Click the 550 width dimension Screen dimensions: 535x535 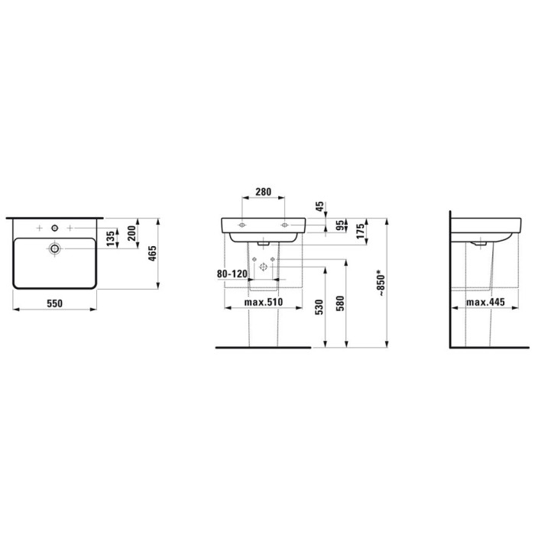[x=53, y=303]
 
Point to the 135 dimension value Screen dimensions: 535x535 [x=112, y=237]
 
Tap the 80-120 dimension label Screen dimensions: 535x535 [x=232, y=273]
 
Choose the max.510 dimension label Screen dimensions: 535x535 [x=264, y=303]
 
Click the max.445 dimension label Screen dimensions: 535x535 [x=487, y=303]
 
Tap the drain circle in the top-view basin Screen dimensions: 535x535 [x=55, y=248]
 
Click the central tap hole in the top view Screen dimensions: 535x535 [x=55, y=228]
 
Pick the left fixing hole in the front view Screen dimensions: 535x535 [x=242, y=225]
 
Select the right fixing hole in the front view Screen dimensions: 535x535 [x=285, y=225]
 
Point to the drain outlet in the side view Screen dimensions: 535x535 [x=480, y=244]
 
